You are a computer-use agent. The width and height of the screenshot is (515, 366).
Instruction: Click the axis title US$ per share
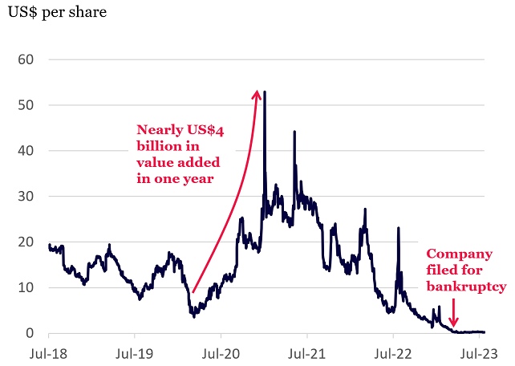point(56,14)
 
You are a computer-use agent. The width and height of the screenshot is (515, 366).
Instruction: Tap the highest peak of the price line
point(265,92)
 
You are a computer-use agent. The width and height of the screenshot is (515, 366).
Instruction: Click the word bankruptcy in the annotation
point(466,286)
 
